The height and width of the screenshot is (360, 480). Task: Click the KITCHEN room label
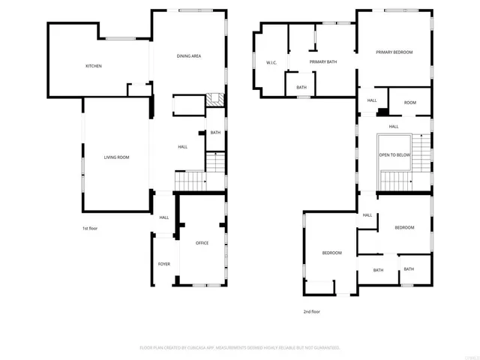[x=93, y=66]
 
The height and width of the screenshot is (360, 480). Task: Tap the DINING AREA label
[x=189, y=56]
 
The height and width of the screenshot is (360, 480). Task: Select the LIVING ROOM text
[x=116, y=157]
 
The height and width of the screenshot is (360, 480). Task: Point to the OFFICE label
[x=202, y=243]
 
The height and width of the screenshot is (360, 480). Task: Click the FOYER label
[x=163, y=264]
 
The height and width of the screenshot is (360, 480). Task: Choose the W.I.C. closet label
[x=271, y=62]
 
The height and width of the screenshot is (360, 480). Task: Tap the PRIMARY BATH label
[x=322, y=62]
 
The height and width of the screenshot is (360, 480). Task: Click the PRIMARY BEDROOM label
[x=394, y=52]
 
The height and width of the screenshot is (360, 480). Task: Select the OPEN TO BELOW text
[x=394, y=154]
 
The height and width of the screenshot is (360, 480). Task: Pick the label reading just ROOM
[x=409, y=103]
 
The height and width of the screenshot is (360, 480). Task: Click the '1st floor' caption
[x=90, y=228]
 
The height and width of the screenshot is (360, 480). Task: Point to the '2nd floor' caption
[x=311, y=311]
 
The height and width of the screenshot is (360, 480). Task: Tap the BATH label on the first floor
[x=215, y=133]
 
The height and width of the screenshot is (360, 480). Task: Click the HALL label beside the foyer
[x=163, y=217]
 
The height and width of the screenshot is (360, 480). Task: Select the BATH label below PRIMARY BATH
[x=301, y=88]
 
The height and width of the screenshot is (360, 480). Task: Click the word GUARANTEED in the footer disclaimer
[x=323, y=348]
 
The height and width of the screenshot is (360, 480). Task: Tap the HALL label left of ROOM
[x=372, y=100]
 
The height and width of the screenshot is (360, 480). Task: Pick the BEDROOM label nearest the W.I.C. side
[x=331, y=253]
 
